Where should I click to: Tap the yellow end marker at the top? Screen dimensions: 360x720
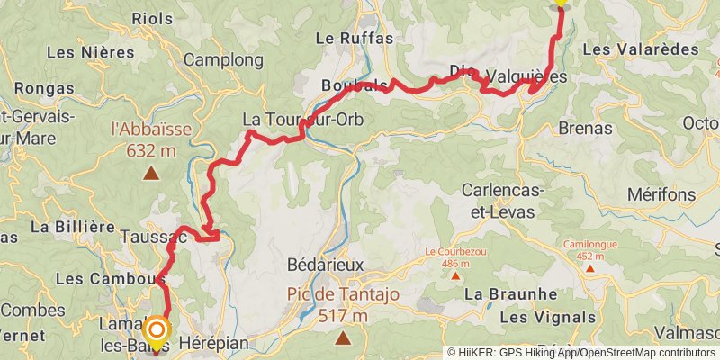coord(561,3)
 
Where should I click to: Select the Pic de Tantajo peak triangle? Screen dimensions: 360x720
coord(344,338)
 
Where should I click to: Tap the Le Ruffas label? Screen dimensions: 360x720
coord(342,38)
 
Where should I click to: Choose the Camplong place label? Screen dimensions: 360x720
coord(224,60)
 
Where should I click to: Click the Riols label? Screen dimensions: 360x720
coord(152,18)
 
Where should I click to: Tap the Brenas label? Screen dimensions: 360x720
coord(586,128)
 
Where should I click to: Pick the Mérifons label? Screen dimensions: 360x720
coord(661,194)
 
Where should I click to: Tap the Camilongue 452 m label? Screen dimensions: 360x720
coord(589,249)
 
